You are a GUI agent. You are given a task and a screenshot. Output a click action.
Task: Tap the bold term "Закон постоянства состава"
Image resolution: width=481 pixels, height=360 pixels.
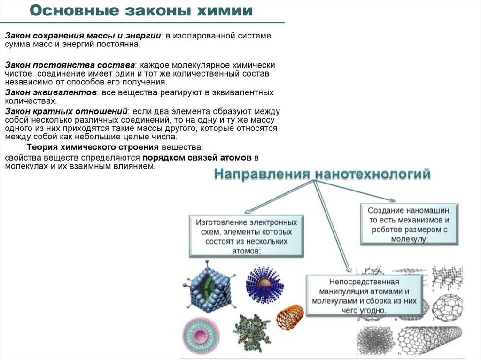[70, 65]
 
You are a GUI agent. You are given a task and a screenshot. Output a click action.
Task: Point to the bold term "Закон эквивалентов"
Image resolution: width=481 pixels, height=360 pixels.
[51, 92]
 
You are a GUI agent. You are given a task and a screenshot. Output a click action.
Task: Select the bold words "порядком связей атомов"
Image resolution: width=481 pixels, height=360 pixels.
[197, 157]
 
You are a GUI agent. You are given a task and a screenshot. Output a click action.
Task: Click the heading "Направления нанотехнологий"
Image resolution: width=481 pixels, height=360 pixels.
[322, 175]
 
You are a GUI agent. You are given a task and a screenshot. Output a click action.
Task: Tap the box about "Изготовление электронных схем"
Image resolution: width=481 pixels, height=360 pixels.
[247, 236]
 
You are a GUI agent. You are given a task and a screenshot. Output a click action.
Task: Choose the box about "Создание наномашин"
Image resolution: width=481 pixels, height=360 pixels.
[409, 223]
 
